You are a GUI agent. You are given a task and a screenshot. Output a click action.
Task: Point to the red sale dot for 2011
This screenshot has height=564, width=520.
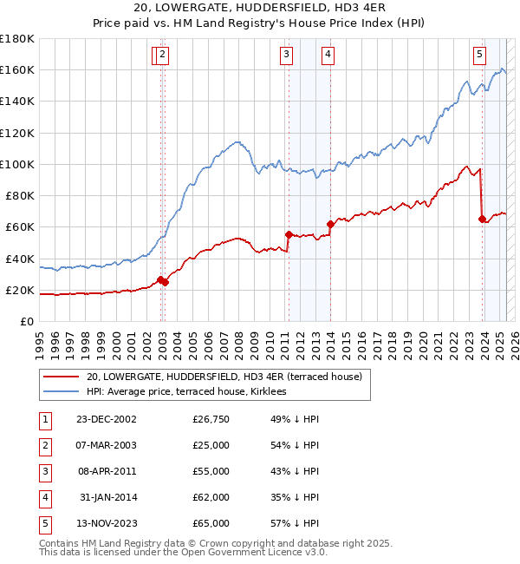coord(288,233)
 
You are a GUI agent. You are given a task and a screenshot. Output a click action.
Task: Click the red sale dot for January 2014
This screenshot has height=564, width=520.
coord(330,224)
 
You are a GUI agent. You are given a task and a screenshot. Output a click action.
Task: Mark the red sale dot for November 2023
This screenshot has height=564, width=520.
coord(482,219)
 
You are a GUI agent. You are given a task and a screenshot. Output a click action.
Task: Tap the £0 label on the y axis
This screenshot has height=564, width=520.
coord(27,321)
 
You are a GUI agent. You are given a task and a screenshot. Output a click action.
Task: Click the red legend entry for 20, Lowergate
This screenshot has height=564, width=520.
coord(229,377)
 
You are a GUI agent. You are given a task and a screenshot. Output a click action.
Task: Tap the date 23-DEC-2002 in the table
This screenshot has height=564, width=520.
coord(107,420)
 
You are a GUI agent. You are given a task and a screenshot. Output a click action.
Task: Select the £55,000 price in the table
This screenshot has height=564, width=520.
coord(211,471)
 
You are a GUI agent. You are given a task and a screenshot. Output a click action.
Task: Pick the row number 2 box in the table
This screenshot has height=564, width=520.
coord(43,446)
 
